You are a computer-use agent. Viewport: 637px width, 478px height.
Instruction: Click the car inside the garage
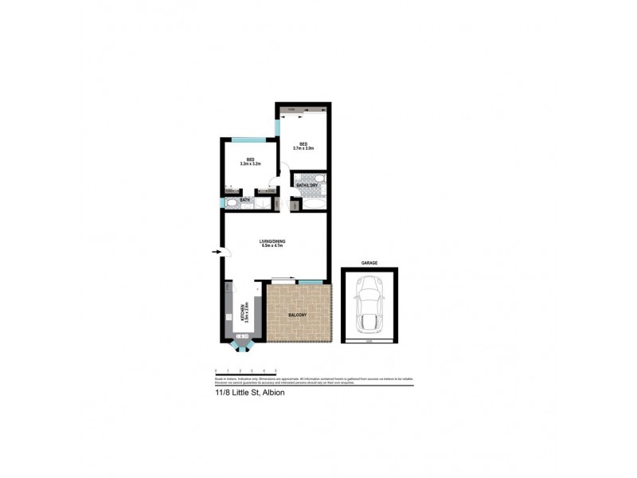pos(369,305)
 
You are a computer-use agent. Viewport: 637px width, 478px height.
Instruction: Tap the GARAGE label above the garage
pos(369,262)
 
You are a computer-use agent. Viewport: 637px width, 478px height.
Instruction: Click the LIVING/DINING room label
pos(273,241)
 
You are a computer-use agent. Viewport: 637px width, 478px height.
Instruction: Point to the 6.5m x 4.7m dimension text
pos(273,245)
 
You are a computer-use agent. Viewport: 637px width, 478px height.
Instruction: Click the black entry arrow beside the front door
pos(217,253)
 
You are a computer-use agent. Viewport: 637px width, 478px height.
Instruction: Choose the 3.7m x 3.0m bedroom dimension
pos(303,148)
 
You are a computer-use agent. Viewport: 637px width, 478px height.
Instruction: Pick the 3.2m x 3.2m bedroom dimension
pos(250,164)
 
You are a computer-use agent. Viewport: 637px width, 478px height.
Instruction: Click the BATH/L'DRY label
pos(307,186)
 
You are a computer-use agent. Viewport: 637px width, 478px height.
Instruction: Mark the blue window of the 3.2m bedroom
pos(249,139)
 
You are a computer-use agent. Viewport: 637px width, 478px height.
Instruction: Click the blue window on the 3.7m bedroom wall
pos(277,127)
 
